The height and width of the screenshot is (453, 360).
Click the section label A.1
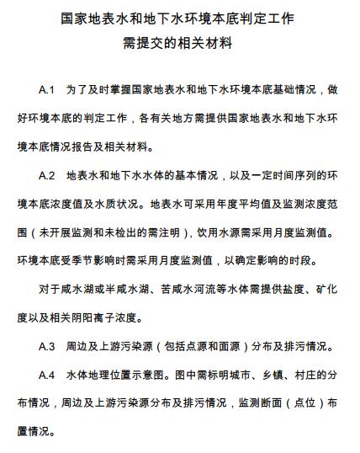pos(47,88)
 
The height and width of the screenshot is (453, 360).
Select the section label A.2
pos(47,177)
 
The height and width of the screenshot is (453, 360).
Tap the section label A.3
pos(47,346)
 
